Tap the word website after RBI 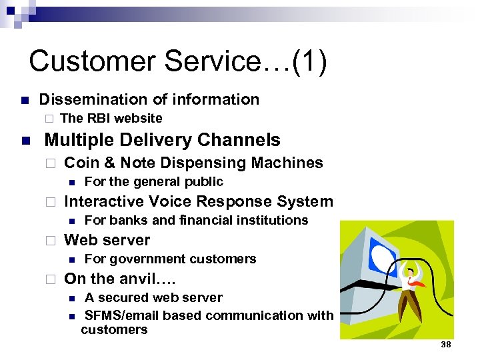click(x=138, y=118)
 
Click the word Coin click(x=81, y=163)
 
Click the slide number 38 click(x=445, y=344)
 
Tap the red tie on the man click(x=417, y=283)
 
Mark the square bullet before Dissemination click(x=24, y=101)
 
